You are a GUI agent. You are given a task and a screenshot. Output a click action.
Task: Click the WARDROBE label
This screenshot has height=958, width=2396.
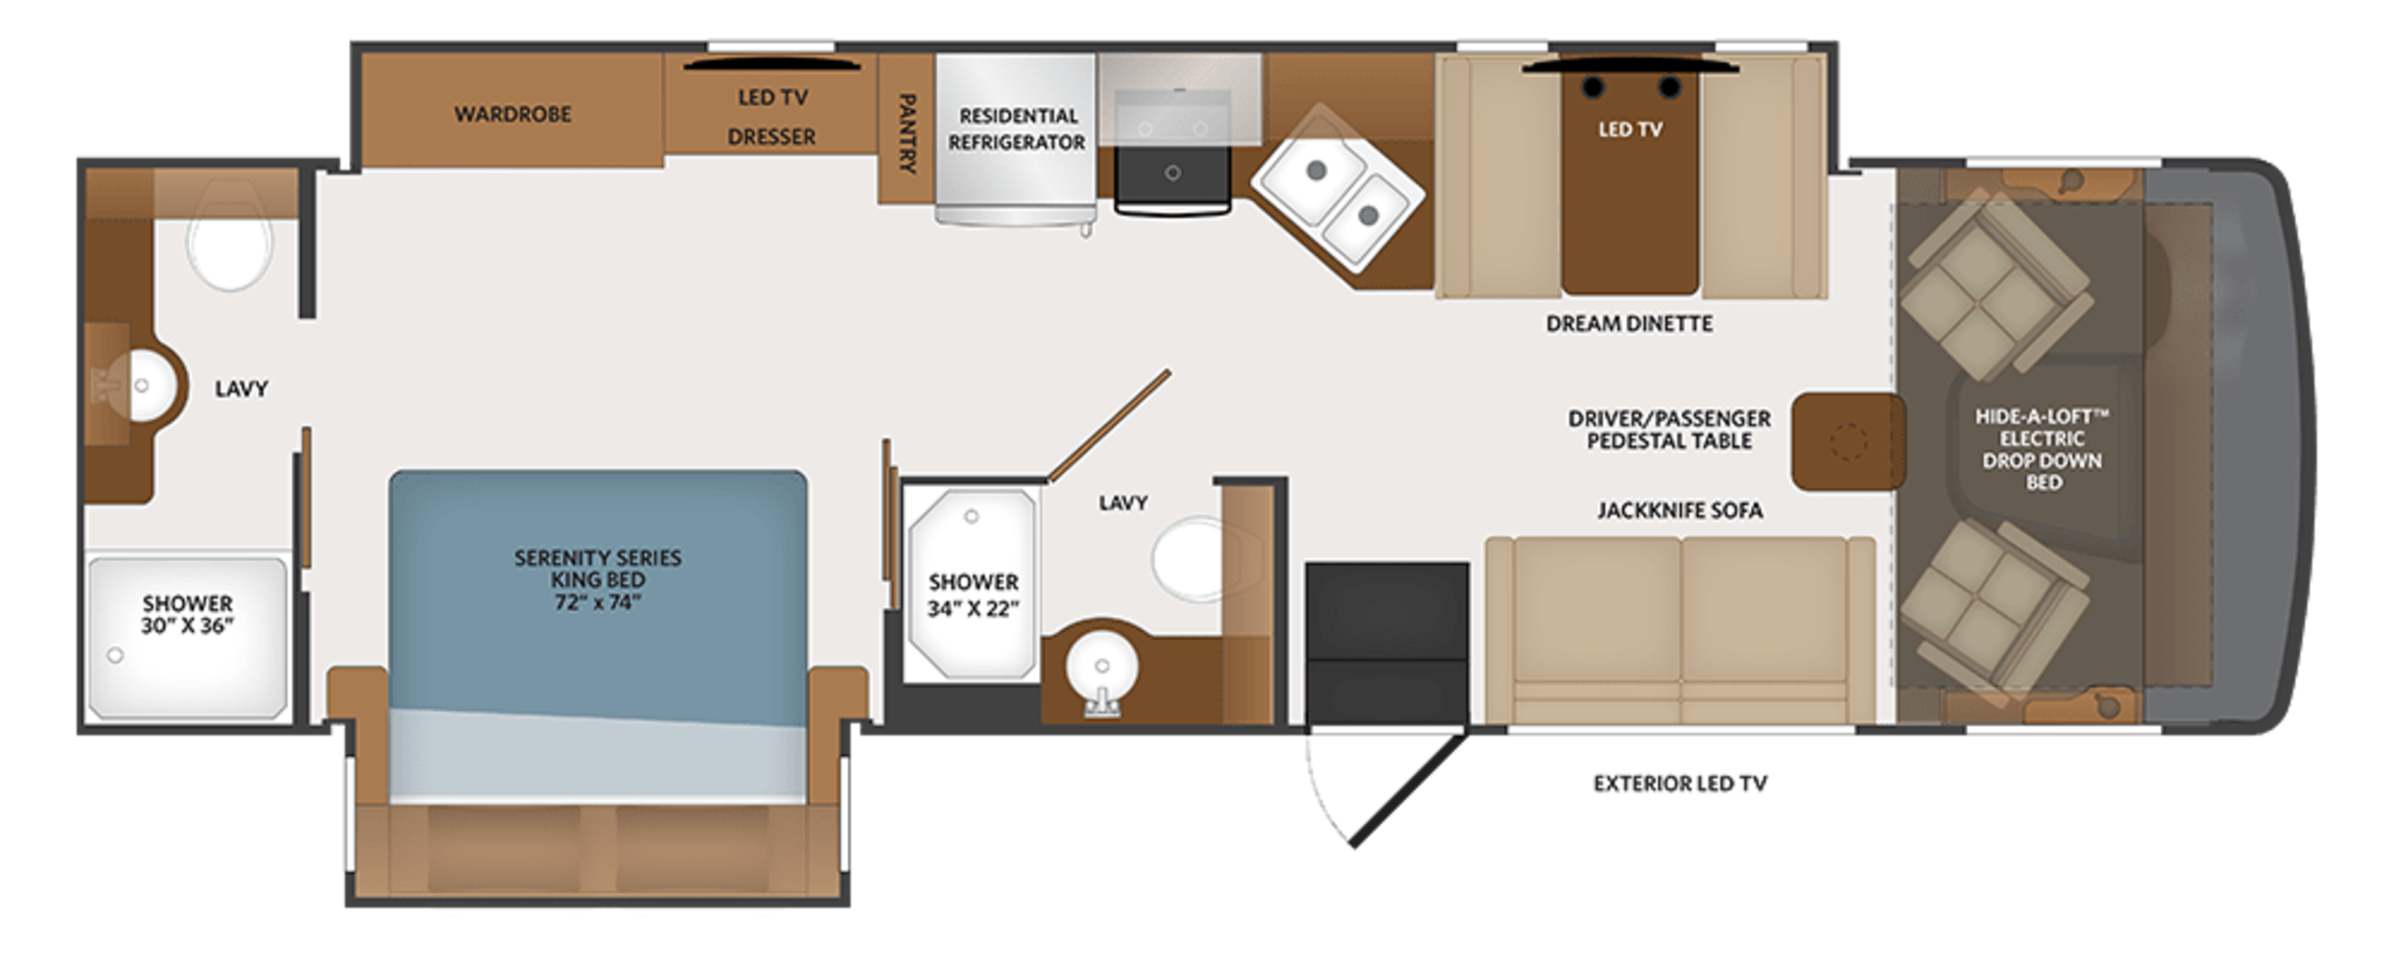[512, 114]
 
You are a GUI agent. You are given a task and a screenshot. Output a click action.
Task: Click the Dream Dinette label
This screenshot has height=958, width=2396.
[1629, 324]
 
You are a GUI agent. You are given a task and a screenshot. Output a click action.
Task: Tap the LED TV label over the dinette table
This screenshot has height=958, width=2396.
[1630, 129]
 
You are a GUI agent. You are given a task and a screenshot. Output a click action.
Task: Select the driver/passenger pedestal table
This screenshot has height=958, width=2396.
[1846, 441]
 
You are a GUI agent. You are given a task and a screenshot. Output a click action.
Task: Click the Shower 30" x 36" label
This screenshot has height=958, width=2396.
[187, 614]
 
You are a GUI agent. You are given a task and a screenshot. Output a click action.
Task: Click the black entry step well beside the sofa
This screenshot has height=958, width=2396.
[1386, 642]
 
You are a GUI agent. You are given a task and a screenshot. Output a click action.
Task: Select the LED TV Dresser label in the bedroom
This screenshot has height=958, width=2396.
[772, 116]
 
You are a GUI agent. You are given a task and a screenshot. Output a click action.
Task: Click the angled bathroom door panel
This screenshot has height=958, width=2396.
[1109, 426]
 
